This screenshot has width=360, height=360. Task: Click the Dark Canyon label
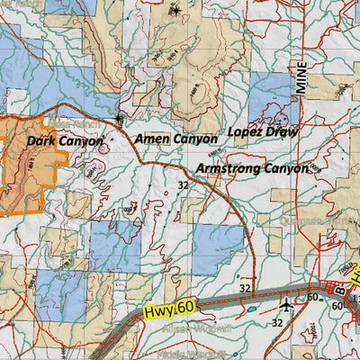point(65,141)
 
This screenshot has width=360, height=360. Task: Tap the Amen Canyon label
point(175,139)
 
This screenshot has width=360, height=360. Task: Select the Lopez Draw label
point(263,131)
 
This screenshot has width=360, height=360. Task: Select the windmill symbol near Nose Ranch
point(119,118)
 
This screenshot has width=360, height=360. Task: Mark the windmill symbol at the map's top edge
point(176,11)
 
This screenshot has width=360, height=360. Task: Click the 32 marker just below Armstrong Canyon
point(183,185)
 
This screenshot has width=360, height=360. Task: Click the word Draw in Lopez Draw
point(282,131)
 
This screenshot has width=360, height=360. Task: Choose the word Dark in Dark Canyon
point(41,141)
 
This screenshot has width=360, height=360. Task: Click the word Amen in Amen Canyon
point(150,139)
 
